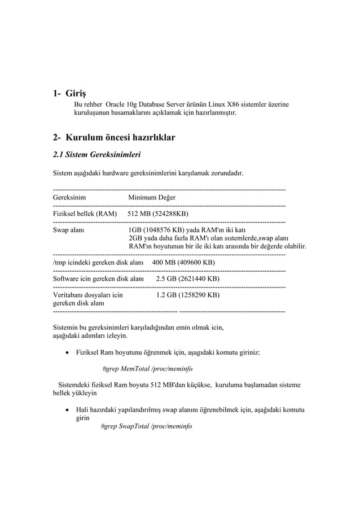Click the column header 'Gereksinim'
pyautogui.click(x=69, y=198)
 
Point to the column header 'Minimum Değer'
pyautogui.click(x=151, y=198)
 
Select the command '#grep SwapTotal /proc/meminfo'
pyautogui.click(x=146, y=426)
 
